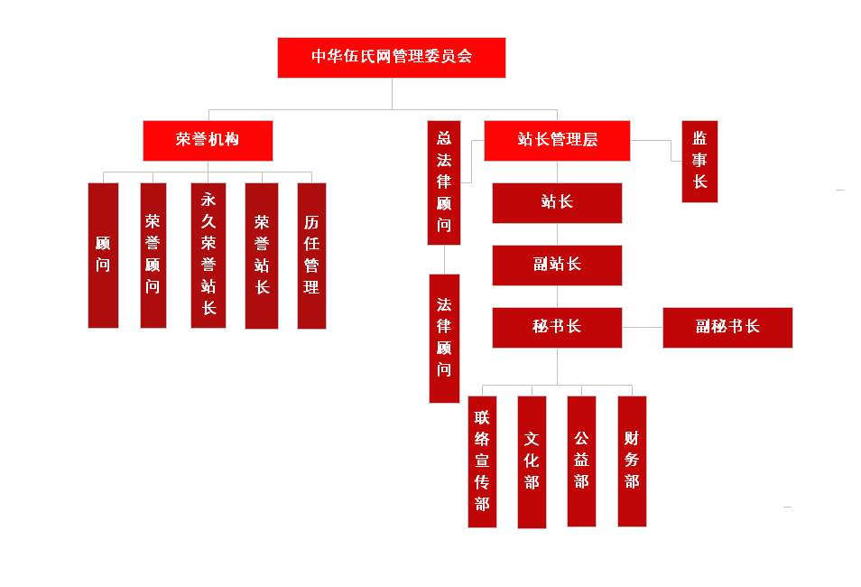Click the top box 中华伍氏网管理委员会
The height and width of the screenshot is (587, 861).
point(391,57)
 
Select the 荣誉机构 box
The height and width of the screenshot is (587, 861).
point(208,140)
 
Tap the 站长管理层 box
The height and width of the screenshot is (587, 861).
point(557,140)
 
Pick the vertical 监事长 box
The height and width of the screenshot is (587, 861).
point(699,161)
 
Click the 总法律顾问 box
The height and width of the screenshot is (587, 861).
point(443,182)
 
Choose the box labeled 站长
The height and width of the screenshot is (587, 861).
point(557,202)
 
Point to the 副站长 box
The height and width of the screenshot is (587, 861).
point(557,265)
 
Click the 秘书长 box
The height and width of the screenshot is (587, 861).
point(557,327)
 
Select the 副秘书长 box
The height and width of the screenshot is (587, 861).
point(727,327)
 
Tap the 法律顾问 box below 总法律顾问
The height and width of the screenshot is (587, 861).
point(444,338)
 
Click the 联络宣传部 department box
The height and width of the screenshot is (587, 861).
point(482,461)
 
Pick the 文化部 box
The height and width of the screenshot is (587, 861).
point(532,461)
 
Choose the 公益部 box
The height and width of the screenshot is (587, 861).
point(581,461)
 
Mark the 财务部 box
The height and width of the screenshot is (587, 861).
point(632,461)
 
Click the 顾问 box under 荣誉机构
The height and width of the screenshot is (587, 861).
point(103,255)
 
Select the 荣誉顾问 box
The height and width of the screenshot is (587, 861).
point(153,255)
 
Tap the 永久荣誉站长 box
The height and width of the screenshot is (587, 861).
point(208,255)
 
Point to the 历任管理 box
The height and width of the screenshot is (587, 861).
point(311,255)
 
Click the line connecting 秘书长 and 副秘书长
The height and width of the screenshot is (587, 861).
point(643,327)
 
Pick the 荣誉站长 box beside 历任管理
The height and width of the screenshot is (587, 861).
point(262,255)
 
